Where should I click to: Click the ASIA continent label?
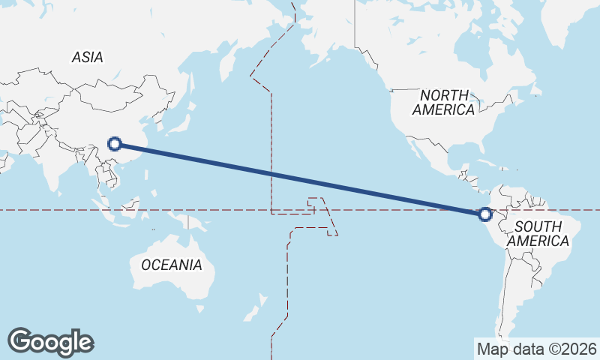tap(88, 57)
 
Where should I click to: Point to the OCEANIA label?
tap(172, 265)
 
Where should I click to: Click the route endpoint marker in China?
tap(115, 144)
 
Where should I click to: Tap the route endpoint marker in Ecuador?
tap(485, 214)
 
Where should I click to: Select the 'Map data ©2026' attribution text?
tap(536, 349)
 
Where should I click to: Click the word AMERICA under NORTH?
tap(444, 109)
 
